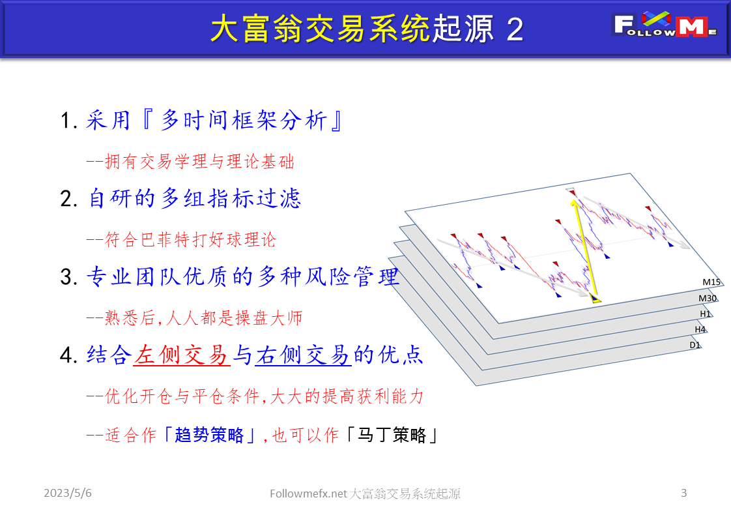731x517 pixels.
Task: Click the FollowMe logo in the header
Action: [665, 25]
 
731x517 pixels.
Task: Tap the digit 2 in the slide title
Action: [515, 30]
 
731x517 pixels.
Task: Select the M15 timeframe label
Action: [711, 282]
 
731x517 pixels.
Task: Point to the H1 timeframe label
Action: [705, 314]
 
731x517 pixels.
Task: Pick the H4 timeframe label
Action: [700, 329]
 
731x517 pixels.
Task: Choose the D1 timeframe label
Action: [695, 344]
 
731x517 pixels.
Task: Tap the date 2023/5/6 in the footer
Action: [68, 493]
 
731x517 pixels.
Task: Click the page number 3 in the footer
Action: [683, 493]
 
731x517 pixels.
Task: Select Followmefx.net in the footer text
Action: [308, 494]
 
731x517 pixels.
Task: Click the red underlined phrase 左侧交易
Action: [182, 355]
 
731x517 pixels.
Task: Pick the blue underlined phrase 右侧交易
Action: [303, 355]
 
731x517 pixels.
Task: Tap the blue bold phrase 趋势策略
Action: [210, 435]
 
